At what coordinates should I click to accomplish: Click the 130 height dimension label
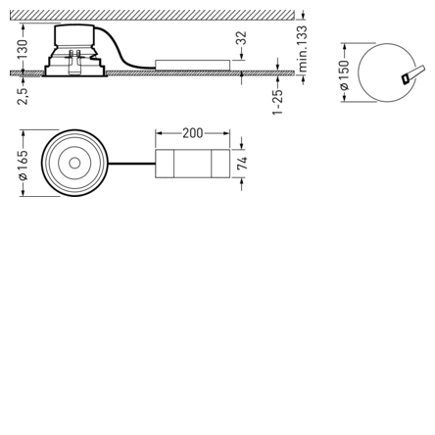[x=24, y=49]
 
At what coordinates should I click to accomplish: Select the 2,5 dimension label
[x=23, y=96]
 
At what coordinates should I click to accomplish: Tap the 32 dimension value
[x=241, y=38]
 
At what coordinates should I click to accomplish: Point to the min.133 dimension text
[x=303, y=49]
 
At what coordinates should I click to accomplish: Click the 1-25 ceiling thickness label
[x=277, y=102]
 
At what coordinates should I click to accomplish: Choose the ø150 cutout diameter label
[x=344, y=74]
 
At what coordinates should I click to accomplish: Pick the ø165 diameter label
[x=24, y=165]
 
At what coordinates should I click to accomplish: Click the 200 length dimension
[x=192, y=133]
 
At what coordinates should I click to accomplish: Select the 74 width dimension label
[x=242, y=164]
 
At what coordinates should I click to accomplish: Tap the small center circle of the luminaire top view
[x=74, y=163]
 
